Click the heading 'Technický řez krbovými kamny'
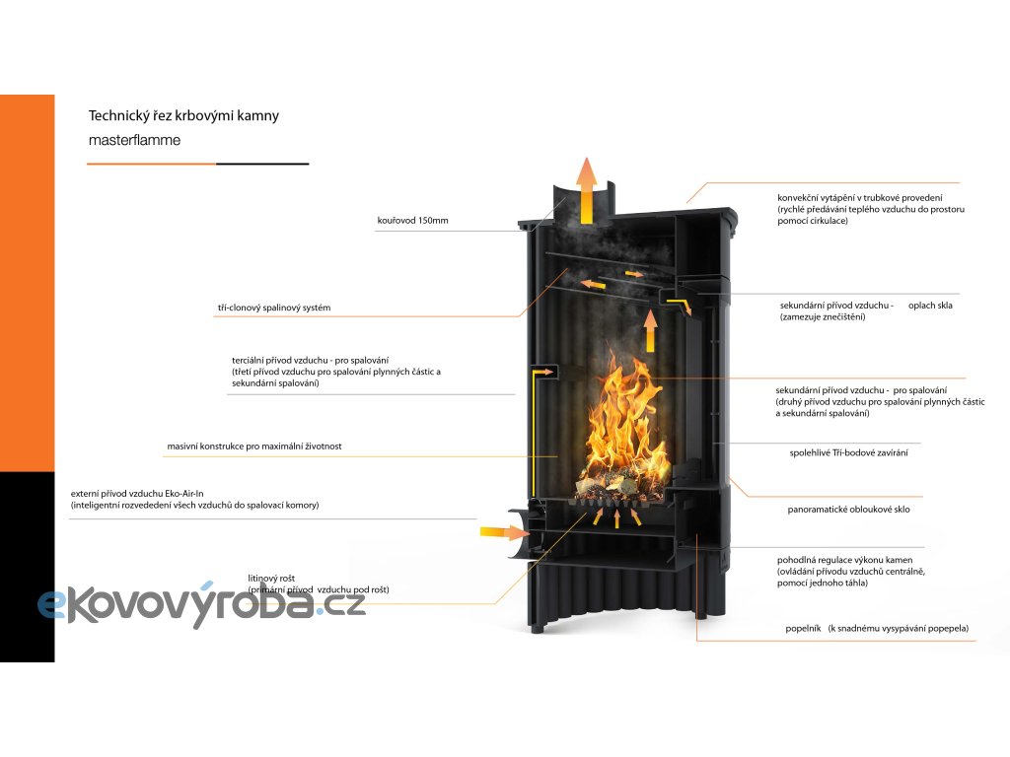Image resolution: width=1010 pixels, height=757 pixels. [x=183, y=116]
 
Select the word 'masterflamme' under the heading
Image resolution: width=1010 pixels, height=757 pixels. [x=134, y=141]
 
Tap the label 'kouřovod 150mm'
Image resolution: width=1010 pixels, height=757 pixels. [x=412, y=221]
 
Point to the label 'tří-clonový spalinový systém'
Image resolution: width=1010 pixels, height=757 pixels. [x=273, y=309]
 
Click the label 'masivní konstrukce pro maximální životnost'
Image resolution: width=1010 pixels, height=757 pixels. [x=254, y=447]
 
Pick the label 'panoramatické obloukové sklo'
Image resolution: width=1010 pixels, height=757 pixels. [x=848, y=511]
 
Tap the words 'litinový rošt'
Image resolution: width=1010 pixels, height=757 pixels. [x=272, y=579]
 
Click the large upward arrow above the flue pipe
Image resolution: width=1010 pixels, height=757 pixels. [x=586, y=187]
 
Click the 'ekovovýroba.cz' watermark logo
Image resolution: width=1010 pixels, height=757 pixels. [x=202, y=601]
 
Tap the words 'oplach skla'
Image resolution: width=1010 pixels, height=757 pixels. [x=930, y=306]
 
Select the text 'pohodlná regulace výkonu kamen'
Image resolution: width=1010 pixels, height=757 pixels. [x=844, y=560]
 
